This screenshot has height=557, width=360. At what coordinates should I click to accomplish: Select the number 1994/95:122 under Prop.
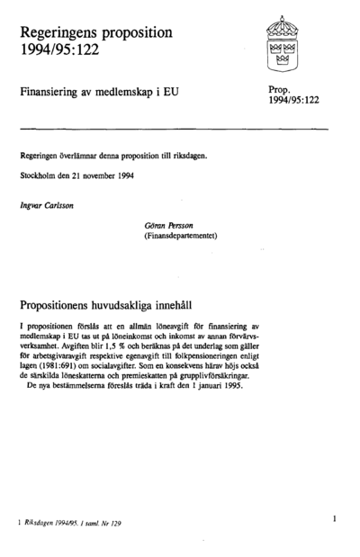294,103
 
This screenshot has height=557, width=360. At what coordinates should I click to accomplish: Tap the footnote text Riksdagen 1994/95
54,521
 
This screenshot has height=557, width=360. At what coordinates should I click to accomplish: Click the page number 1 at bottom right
333,519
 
